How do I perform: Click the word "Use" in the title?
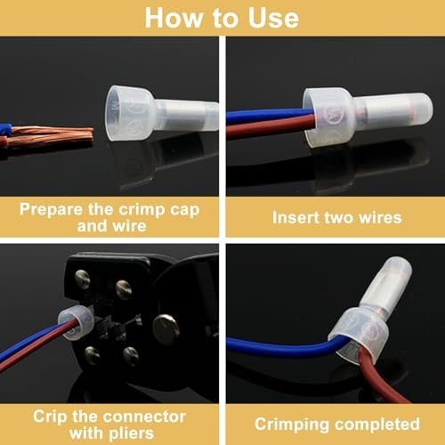coord(273,18)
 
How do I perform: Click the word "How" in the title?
coord(173,18)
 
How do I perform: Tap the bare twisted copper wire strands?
coord(52,136)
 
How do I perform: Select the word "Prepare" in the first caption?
coord(52,210)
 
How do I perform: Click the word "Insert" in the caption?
coord(295,217)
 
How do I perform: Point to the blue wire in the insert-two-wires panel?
coord(270,116)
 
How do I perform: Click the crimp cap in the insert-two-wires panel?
coord(368,116)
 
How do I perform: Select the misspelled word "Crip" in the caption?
coord(50,417)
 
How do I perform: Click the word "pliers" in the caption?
coord(131,434)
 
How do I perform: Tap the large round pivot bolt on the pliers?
coord(166,329)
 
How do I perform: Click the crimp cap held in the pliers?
coord(77,323)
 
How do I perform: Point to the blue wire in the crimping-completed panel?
coord(282,348)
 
